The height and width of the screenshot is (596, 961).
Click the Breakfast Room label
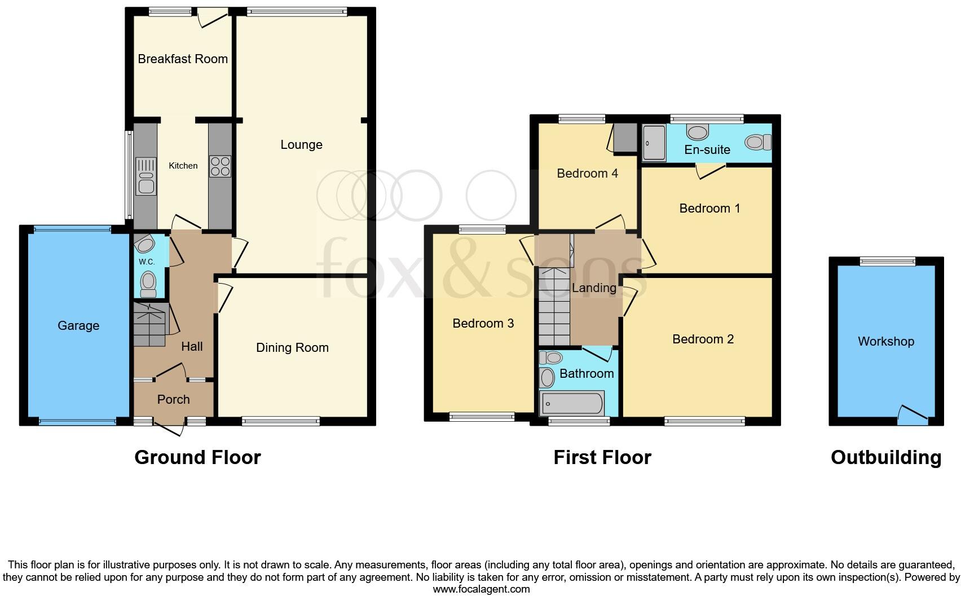click(183, 59)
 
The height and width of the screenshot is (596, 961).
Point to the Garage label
click(78, 325)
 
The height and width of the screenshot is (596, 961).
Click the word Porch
click(173, 399)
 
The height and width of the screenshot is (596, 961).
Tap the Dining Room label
click(292, 347)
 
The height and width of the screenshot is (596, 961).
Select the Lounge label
click(301, 144)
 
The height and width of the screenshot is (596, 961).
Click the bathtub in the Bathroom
click(572, 404)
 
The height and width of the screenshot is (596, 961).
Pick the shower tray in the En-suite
click(654, 143)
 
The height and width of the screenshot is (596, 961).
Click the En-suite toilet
click(757, 142)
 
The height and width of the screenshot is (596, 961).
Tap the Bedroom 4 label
click(587, 173)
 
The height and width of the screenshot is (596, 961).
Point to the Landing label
click(594, 288)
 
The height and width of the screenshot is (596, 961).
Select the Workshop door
click(912, 416)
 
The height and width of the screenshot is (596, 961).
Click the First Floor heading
click(602, 457)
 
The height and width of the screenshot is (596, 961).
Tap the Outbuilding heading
click(885, 457)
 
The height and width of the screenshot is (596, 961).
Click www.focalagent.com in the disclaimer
click(481, 589)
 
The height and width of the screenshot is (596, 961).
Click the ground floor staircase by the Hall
click(151, 325)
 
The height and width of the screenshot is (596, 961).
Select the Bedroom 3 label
click(483, 323)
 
